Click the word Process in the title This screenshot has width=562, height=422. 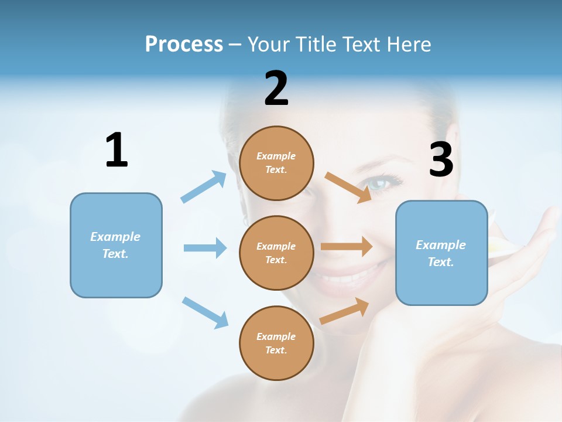pos(184,44)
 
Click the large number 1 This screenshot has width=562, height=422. pos(116,150)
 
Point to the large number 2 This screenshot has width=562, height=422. pos(276,89)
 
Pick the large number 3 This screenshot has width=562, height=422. pos(441,159)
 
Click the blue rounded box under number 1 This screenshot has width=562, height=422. pos(116,245)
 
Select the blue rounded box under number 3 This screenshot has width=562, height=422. pos(441,253)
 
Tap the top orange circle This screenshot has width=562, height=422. pos(276,163)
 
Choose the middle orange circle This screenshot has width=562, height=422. pos(276,253)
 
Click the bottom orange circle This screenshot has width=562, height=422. pos(276,343)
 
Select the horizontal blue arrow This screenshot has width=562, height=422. pos(205,248)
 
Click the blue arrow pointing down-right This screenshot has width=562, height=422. pos(205,312)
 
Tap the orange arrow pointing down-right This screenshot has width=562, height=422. pos(348,187)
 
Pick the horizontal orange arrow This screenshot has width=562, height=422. pos(347,246)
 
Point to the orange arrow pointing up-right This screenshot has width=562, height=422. pos(344,311)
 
